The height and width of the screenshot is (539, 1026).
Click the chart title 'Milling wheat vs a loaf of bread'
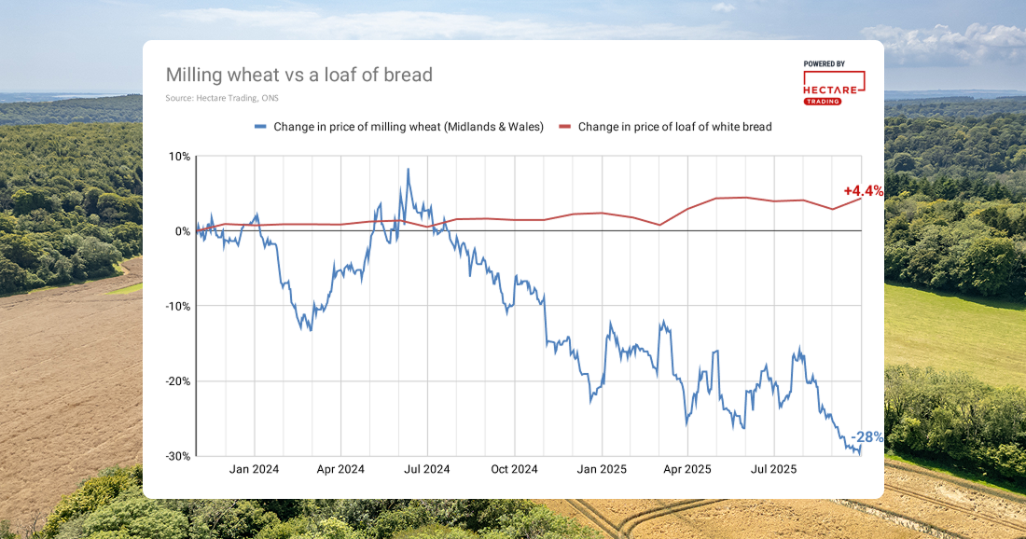[x=298, y=75]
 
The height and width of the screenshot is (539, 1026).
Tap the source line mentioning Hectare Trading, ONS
[x=222, y=98]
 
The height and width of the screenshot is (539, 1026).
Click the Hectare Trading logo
[x=833, y=83]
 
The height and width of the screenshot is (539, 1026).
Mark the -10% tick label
[x=176, y=306]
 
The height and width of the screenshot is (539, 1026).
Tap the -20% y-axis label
[x=176, y=381]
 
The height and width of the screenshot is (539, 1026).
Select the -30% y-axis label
[x=176, y=456]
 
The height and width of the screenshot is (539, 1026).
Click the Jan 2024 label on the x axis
[x=255, y=470]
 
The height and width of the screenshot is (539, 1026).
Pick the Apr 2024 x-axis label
[x=340, y=470]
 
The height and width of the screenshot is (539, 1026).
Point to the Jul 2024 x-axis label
[x=426, y=470]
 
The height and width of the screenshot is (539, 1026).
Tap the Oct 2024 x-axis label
[x=514, y=470]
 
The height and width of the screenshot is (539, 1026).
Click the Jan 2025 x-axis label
[x=601, y=470]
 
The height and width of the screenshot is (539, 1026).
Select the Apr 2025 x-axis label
[x=686, y=470]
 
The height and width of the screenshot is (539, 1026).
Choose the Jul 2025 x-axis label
[x=772, y=470]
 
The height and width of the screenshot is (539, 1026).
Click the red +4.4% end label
[x=863, y=191]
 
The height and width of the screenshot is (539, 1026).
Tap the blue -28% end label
[x=867, y=437]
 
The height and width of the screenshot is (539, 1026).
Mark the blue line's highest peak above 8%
[x=408, y=170]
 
